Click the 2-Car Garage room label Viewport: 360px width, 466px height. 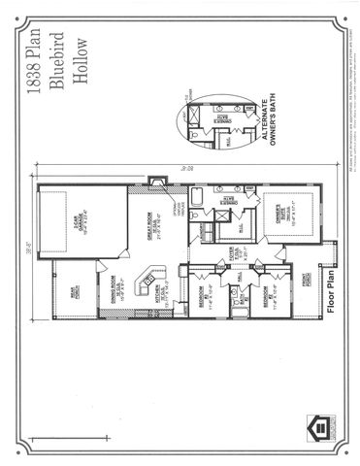74,224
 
